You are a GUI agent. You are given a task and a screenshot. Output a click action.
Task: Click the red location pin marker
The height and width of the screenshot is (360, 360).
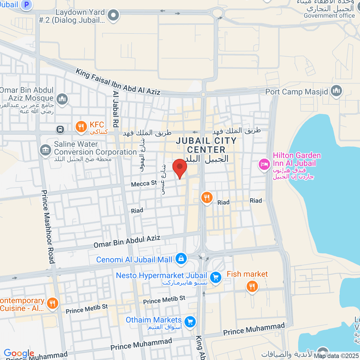pos(180,168)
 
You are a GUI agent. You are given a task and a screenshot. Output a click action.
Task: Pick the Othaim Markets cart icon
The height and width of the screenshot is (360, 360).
pos(190,321)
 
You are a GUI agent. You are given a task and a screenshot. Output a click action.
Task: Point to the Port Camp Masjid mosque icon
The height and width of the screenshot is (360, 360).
pos(336,91)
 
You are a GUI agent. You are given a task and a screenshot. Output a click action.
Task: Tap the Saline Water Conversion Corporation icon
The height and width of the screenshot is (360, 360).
pos(46,150)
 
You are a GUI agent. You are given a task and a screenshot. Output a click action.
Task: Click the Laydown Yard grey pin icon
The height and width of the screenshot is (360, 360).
pos(113,15)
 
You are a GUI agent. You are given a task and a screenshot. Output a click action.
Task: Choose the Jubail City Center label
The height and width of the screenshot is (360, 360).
pos(206,145)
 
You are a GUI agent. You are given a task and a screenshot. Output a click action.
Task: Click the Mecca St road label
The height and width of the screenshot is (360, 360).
pos(144,183)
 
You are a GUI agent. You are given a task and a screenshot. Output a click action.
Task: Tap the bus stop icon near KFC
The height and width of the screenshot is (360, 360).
pos(60,129)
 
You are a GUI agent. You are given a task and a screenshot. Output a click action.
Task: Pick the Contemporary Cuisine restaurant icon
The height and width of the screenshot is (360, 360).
pos(53,303)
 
